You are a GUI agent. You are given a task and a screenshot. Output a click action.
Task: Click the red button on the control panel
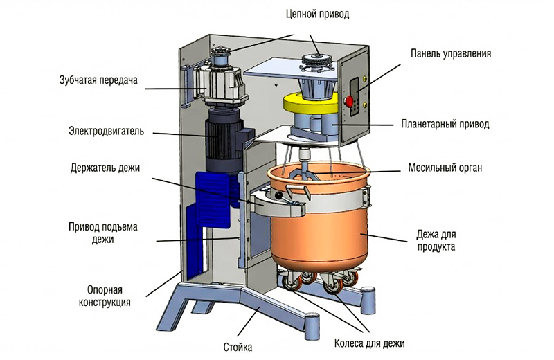pos(350,102)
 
